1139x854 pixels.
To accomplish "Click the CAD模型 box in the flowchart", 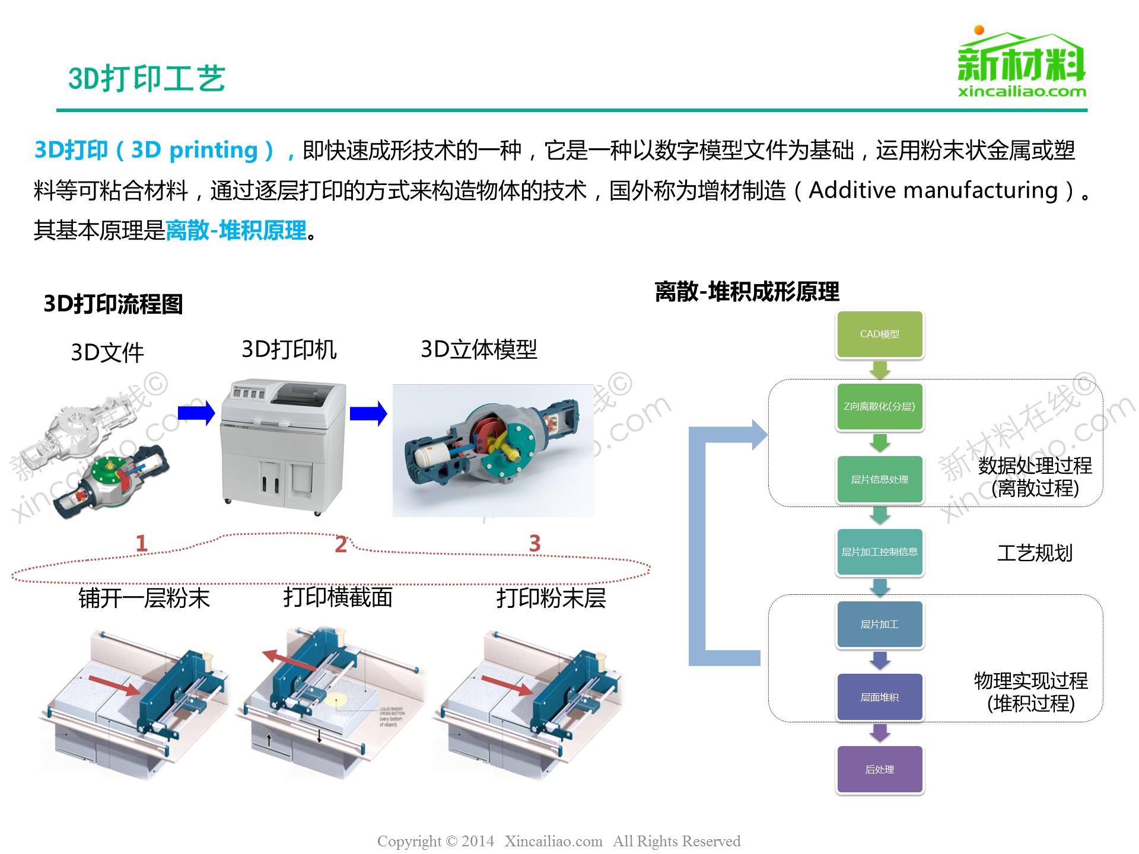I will (x=880, y=334).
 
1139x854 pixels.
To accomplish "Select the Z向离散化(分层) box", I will (x=880, y=407).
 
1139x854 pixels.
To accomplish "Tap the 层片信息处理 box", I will (x=880, y=479).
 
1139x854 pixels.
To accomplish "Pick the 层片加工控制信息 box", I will (x=880, y=552).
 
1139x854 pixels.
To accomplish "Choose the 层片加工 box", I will (x=880, y=624).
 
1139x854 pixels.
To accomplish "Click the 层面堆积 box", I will (x=880, y=697).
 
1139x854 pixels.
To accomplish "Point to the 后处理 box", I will (x=880, y=770).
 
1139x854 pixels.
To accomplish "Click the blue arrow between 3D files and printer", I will (x=196, y=413).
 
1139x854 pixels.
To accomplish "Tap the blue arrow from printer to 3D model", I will (x=368, y=413).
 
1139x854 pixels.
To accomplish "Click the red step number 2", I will (x=341, y=544).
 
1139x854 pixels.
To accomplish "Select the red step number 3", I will (x=534, y=543).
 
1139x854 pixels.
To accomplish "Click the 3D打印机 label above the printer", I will (x=289, y=349).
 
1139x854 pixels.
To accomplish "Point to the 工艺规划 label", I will (x=1035, y=553).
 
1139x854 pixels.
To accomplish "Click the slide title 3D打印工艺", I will (x=147, y=78).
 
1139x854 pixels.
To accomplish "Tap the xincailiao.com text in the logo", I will (x=1022, y=91).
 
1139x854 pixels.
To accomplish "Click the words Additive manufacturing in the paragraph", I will (x=933, y=190).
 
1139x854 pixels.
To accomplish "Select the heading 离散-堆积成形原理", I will (x=747, y=292).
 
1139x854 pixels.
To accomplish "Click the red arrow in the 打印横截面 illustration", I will (x=289, y=661).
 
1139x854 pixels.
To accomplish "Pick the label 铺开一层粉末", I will (x=144, y=598).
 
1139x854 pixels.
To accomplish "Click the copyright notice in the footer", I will (x=559, y=841).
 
